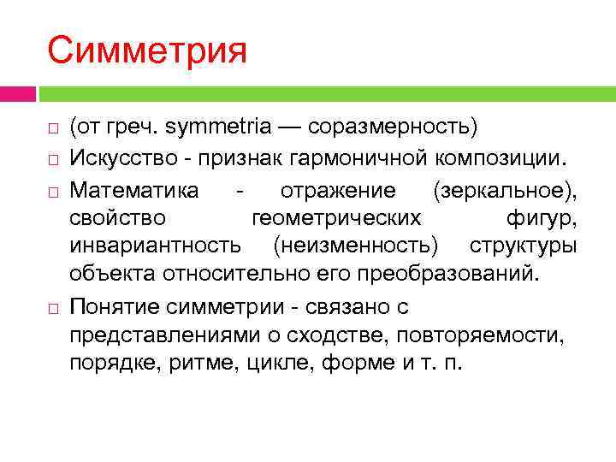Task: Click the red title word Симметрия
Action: [147, 50]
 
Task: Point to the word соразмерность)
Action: [393, 128]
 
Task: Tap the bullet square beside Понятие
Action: [52, 306]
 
